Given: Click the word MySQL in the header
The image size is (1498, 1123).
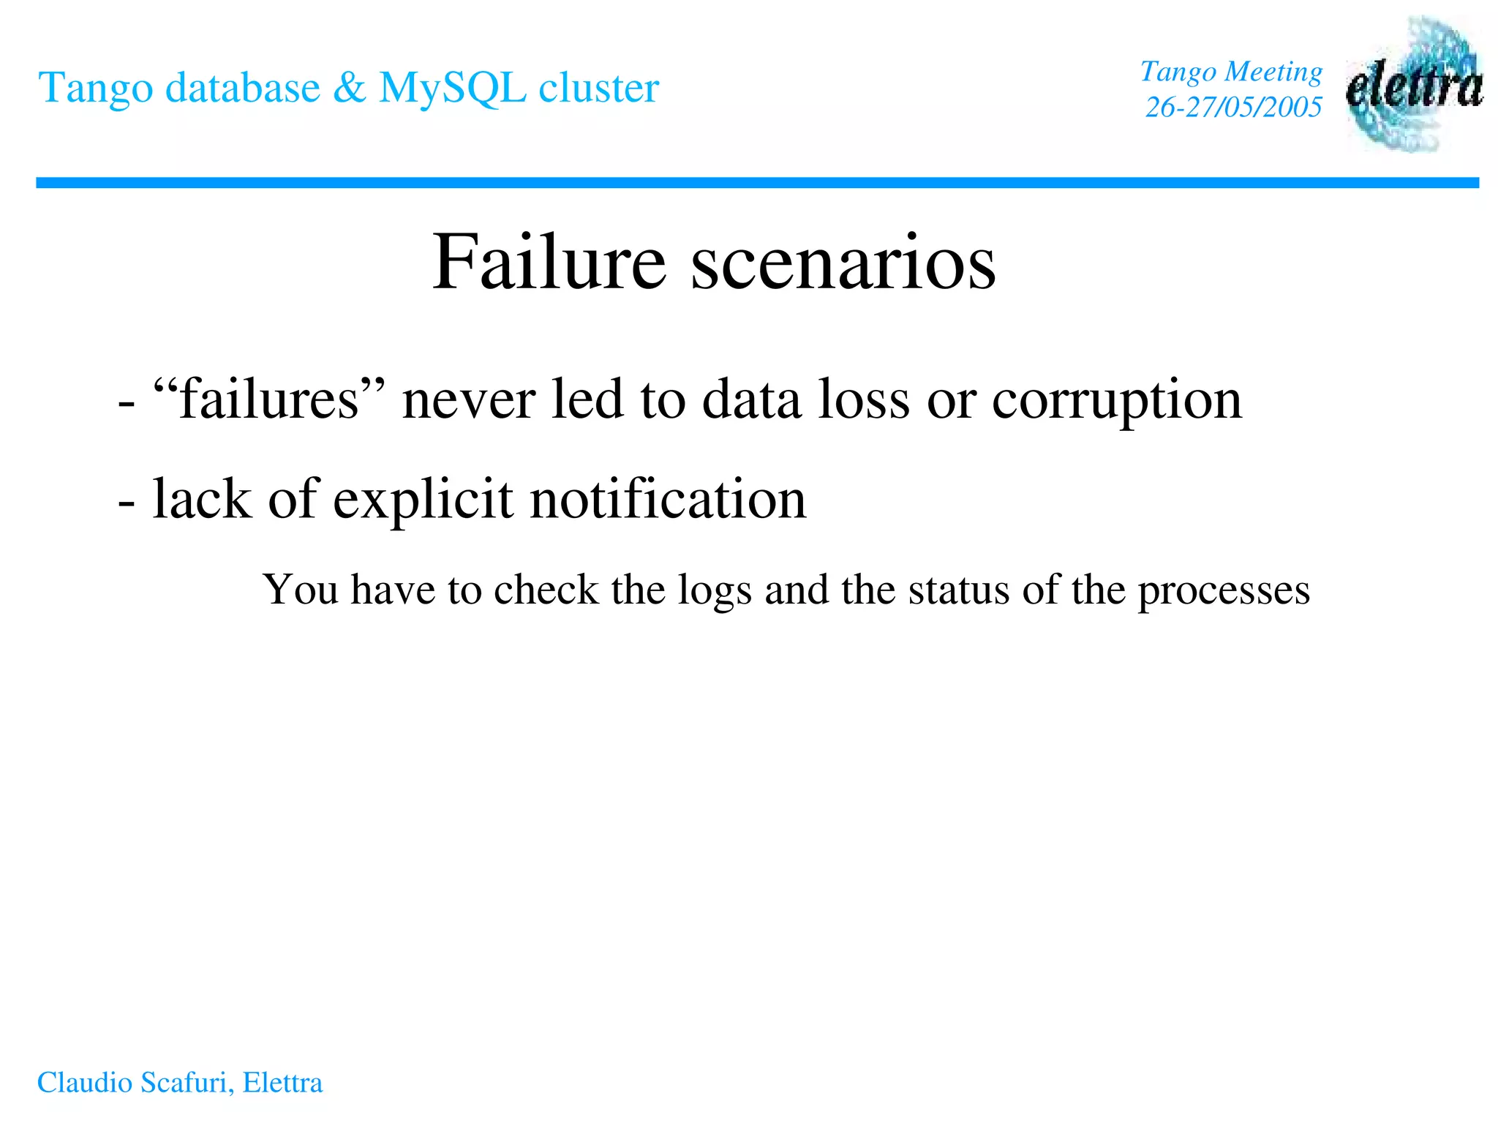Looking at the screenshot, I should click(452, 88).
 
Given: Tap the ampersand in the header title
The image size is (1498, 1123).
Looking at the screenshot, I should click(349, 88).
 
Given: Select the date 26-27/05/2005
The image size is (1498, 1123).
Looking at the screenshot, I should click(1233, 108).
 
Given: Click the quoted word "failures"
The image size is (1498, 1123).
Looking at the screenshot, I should click(269, 399).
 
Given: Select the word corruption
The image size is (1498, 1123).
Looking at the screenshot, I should click(1117, 401).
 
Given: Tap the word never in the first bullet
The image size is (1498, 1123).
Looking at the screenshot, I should click(469, 401).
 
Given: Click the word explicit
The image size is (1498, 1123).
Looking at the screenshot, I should click(423, 500).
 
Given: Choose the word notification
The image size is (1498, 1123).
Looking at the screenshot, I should click(668, 499).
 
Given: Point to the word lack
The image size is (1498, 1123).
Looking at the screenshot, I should click(202, 499).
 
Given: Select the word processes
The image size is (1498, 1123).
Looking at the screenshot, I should click(1224, 591).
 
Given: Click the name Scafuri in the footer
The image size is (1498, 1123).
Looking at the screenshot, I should click(187, 1083).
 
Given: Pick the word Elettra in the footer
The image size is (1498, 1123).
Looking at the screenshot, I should click(282, 1083).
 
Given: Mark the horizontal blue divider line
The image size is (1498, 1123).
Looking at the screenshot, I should click(757, 183).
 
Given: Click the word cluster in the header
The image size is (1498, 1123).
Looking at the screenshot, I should click(598, 88).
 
